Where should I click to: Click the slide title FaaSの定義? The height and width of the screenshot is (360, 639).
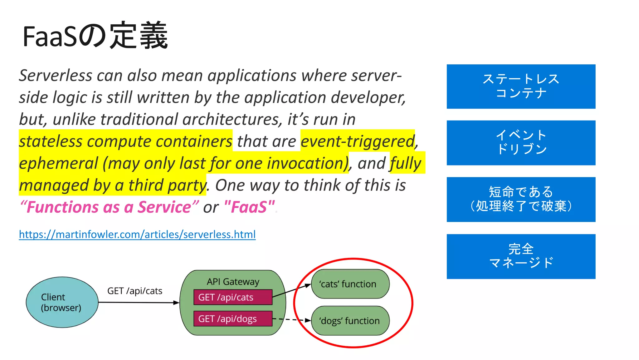pos(95,36)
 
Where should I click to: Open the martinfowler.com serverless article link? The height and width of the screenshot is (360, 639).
pos(137,234)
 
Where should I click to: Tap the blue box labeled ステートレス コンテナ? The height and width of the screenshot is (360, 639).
pos(521,86)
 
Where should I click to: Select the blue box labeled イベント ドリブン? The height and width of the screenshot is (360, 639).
pos(521,143)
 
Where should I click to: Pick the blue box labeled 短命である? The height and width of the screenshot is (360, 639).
pos(521,199)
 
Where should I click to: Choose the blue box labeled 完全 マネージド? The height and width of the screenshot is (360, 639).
pos(521,256)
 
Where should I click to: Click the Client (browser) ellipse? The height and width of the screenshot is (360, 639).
pos(62,302)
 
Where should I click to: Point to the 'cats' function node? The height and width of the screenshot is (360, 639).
pos(350,284)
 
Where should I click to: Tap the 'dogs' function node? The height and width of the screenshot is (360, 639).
pos(350,321)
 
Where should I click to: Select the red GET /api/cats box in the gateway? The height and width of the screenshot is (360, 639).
pos(233,297)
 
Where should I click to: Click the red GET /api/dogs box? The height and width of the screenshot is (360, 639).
pos(233,319)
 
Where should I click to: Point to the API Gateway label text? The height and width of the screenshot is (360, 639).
pos(233,282)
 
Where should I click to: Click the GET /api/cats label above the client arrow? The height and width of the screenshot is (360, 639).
pos(135,291)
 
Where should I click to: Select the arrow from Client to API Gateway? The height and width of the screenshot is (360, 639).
pos(139,302)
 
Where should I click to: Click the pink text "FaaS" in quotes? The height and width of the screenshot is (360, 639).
pos(249,207)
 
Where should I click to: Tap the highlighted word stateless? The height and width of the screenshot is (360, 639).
pos(51,141)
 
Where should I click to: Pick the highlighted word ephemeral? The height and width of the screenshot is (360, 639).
pos(59,163)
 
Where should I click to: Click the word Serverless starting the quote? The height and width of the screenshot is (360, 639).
pos(56,76)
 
